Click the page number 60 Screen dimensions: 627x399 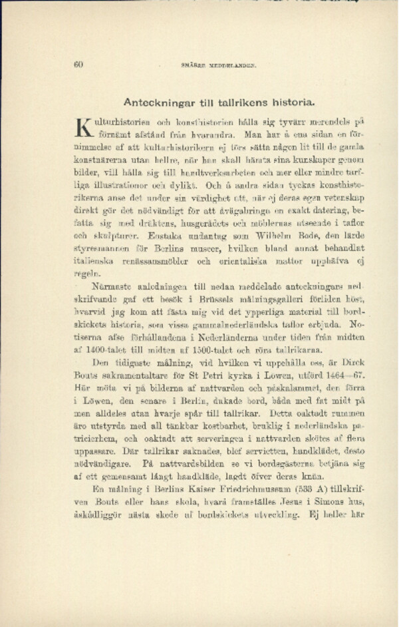point(77,65)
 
